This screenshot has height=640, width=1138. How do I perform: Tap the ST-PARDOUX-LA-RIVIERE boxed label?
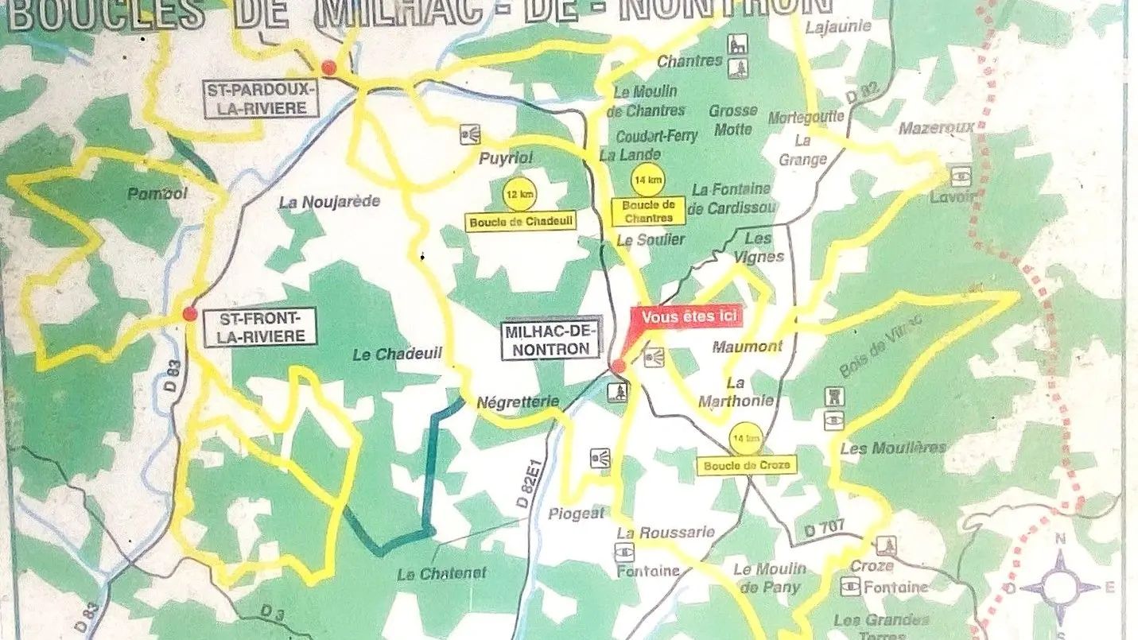261,99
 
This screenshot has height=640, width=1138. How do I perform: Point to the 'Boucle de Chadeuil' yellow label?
521,222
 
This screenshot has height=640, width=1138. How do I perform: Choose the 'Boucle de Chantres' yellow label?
648,211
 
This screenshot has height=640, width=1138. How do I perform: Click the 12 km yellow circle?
515,194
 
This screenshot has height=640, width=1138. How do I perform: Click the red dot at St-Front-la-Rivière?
189,314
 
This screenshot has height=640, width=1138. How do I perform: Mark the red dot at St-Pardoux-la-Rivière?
329,68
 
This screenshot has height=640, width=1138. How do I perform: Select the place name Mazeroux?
936,127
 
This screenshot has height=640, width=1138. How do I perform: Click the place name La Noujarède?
329,202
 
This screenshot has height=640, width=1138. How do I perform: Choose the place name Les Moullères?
893,448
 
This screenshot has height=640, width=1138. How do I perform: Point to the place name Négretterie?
518,401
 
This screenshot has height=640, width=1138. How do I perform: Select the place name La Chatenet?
441,573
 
